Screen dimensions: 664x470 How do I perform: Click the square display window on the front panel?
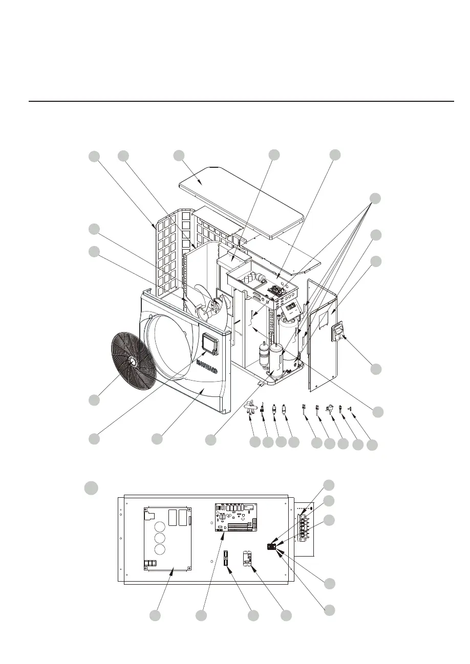[209, 344]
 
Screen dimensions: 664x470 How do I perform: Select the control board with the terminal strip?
[234, 517]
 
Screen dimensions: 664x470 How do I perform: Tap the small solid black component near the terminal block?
[272, 547]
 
